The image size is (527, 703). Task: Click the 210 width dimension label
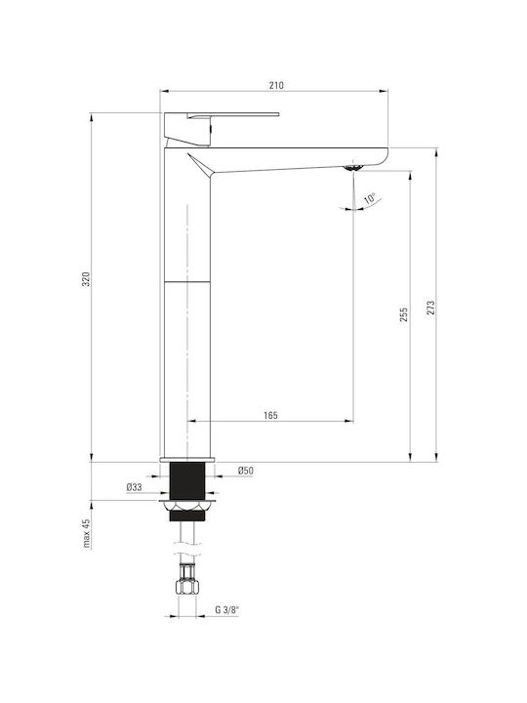coord(276,85)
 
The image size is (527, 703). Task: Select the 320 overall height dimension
coord(86,279)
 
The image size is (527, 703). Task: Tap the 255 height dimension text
coord(404,314)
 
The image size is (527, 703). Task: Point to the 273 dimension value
coord(430,308)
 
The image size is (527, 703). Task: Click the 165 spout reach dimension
coord(270,415)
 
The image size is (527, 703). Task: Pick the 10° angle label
coord(370,198)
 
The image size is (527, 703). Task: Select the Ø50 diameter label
coord(246,471)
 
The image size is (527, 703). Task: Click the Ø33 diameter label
coord(134,487)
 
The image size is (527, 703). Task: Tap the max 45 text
coord(87,533)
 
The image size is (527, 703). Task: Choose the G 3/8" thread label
coord(226,609)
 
